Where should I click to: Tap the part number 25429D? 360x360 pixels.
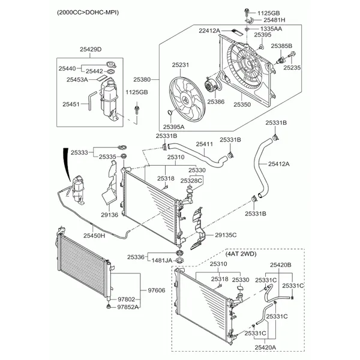(x=91, y=49)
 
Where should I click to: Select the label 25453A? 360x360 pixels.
(x=77, y=79)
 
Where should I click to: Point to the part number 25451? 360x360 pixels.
(x=71, y=104)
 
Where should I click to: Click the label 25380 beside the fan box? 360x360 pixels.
(x=142, y=79)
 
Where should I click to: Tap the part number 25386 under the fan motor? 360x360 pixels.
(x=215, y=102)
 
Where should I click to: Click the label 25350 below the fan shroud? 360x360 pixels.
(x=242, y=104)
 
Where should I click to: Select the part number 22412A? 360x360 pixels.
(x=209, y=30)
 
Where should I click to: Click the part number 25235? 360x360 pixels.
(x=292, y=68)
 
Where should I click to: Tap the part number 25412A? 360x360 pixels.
(x=279, y=163)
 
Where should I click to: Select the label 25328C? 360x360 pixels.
(x=193, y=180)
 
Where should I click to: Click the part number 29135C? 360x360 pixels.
(x=226, y=235)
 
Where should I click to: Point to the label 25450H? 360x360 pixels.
(x=94, y=236)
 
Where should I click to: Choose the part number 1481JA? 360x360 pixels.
(x=161, y=259)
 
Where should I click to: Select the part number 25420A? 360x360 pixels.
(x=264, y=347)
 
